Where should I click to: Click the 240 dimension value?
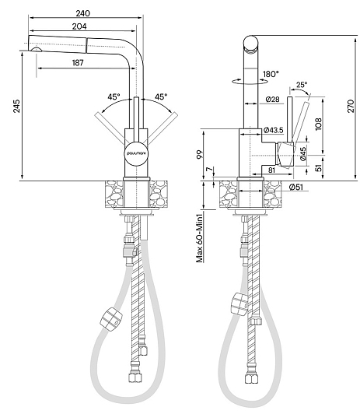(x=83, y=13)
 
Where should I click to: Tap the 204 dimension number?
(x=79, y=26)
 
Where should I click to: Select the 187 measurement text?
(x=78, y=63)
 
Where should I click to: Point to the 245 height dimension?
(x=16, y=106)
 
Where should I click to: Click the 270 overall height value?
(x=351, y=106)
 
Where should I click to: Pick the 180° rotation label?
(x=271, y=74)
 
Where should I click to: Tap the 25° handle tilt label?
(x=302, y=85)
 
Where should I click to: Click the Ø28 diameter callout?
(x=272, y=100)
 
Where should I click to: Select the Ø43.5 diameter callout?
(x=273, y=130)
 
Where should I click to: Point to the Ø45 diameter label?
(x=303, y=153)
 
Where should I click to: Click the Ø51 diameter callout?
(x=296, y=188)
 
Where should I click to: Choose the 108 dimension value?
(x=319, y=124)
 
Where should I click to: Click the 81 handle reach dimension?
(x=271, y=170)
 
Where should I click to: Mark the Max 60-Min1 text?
(x=200, y=238)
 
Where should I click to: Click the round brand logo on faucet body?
(x=136, y=153)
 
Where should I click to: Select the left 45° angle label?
(x=114, y=97)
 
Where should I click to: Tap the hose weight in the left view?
(x=111, y=319)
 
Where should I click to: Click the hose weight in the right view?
(x=239, y=304)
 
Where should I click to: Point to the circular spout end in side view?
(x=250, y=44)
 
